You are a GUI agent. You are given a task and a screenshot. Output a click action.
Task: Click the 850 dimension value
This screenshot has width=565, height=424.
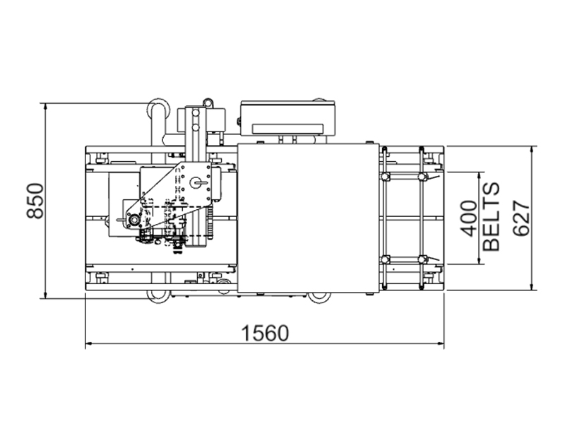(35, 201)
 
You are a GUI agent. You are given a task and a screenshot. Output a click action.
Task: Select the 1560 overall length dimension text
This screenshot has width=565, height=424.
(265, 333)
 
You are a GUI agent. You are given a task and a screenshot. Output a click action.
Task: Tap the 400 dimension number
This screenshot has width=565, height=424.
(469, 218)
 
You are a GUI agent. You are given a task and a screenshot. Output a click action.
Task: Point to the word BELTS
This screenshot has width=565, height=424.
(491, 217)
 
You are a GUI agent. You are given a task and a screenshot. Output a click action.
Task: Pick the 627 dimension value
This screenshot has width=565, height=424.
(521, 218)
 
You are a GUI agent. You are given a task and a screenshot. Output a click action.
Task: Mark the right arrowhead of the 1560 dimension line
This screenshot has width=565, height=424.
(439, 343)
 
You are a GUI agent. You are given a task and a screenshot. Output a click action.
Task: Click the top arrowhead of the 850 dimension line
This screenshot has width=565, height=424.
(45, 107)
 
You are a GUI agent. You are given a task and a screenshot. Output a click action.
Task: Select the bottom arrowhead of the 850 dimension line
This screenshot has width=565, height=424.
(45, 294)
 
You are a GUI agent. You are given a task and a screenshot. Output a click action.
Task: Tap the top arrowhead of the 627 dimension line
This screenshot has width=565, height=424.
(532, 151)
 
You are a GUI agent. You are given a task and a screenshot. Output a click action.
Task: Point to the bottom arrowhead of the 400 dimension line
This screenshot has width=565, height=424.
(479, 259)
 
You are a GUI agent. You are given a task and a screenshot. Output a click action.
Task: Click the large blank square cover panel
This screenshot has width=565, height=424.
(308, 218)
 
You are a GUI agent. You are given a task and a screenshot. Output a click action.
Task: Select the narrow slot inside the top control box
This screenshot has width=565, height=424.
(287, 129)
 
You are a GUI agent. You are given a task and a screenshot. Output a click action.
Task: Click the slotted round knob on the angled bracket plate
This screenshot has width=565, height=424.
(197, 183)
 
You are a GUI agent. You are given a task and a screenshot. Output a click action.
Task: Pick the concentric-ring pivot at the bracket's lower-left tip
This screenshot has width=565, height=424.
(134, 220)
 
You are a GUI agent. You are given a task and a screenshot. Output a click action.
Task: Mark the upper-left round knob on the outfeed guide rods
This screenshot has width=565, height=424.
(385, 176)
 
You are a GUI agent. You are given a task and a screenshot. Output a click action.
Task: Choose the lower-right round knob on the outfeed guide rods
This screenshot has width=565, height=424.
(422, 259)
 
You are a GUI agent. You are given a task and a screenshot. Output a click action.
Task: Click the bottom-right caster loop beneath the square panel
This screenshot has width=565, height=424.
(319, 298)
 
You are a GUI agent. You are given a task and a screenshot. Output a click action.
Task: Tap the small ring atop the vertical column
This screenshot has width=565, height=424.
(207, 102)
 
